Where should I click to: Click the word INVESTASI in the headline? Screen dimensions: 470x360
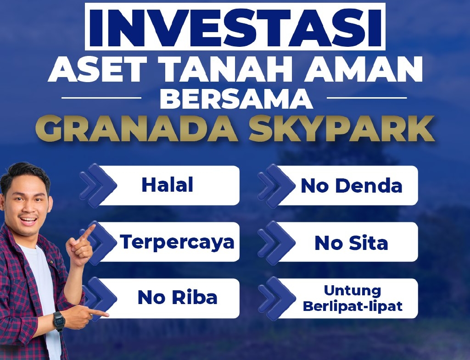tap(235, 28)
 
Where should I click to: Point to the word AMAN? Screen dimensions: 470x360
tap(364, 69)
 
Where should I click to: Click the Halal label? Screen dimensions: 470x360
tap(167, 185)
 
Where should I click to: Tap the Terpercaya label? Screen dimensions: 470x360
tap(177, 242)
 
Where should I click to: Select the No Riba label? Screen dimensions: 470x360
tap(178, 298)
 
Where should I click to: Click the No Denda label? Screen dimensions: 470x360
tap(351, 186)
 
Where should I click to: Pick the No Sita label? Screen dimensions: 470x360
tap(351, 243)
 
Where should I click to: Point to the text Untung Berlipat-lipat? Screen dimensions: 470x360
tap(352, 298)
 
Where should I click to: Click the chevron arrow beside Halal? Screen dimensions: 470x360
tap(99, 185)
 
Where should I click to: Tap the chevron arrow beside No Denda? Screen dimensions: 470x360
tap(277, 186)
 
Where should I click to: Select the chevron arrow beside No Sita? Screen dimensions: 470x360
tap(277, 243)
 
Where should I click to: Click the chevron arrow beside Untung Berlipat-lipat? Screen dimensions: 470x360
tap(277, 299)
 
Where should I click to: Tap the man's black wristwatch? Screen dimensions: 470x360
tap(59, 321)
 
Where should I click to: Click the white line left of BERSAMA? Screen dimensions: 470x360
tap(101, 98)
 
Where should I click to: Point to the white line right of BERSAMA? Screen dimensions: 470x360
tap(367, 98)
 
